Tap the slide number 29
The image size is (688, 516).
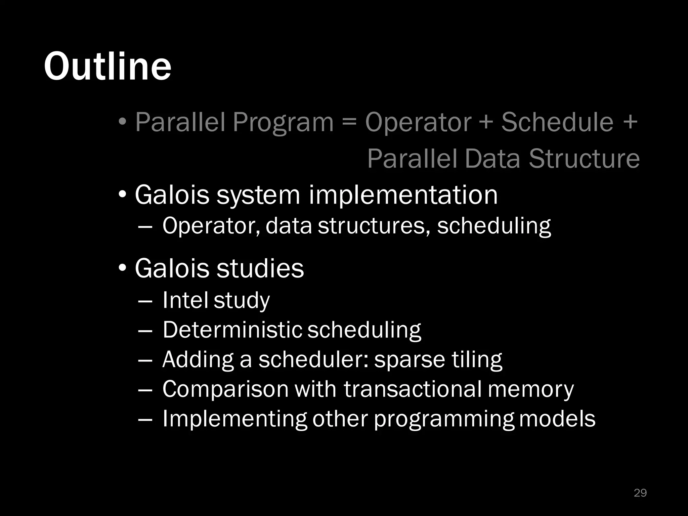[640, 493]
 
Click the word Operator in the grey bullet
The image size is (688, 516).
[418, 122]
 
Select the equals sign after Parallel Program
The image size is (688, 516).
[349, 122]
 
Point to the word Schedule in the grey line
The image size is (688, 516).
[557, 122]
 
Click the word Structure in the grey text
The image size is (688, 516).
[584, 159]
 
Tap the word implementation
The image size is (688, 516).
[403, 195]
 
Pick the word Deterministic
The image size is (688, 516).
[232, 330]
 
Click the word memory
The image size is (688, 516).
[531, 390]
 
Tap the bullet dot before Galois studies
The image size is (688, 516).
[123, 268]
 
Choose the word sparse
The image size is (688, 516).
[410, 360]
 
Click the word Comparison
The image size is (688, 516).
[225, 390]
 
